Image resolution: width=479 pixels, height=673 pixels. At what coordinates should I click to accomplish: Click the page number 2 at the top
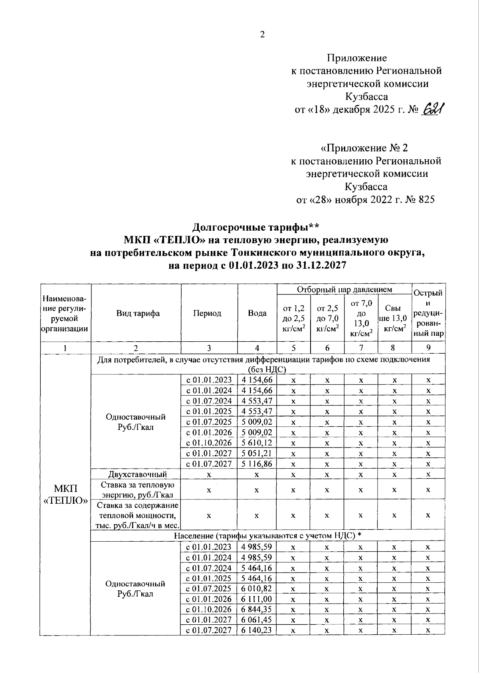[262, 35]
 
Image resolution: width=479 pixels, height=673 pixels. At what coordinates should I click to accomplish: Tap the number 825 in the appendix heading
[426, 199]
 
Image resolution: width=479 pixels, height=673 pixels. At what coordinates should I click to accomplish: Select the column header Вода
[257, 313]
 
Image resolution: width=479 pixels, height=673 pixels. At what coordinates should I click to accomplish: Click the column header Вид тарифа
[138, 313]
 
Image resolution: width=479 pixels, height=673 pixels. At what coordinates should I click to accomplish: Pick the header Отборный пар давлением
[344, 289]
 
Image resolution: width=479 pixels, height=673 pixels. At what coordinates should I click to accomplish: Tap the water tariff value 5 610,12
[257, 443]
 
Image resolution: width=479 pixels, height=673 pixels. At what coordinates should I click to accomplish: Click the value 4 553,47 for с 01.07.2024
[257, 401]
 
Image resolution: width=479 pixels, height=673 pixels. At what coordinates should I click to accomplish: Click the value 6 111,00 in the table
[257, 599]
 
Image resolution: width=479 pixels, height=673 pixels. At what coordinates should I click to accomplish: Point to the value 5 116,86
[257, 464]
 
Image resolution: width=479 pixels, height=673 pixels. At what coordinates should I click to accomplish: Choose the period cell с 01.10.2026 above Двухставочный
[209, 443]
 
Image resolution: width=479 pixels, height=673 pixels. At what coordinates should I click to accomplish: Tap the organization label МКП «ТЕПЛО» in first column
[65, 495]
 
